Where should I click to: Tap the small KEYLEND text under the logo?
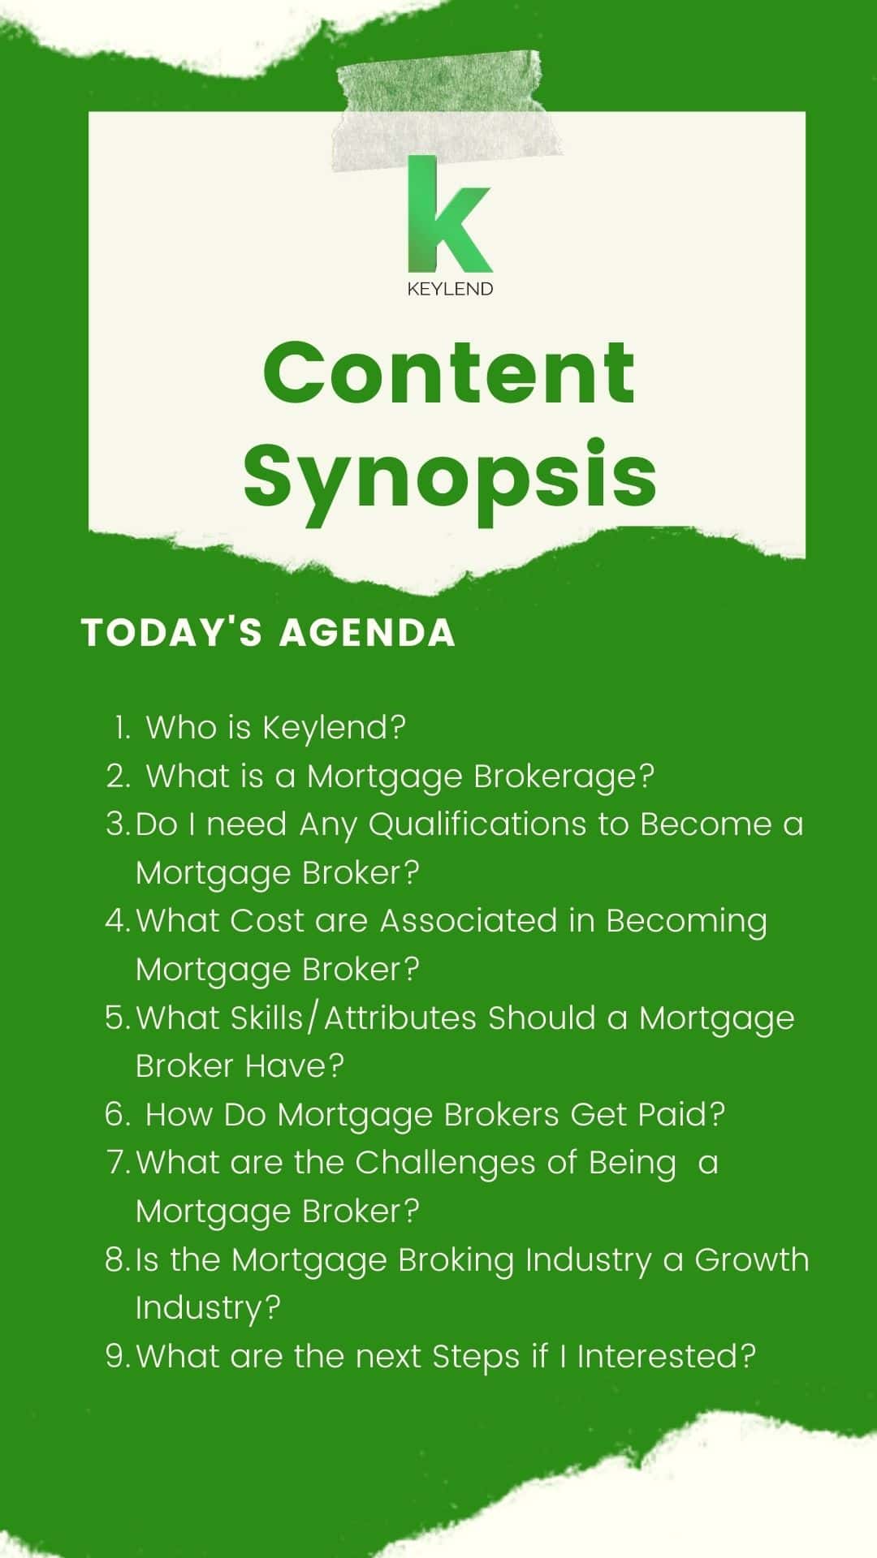450,289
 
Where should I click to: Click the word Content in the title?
449,372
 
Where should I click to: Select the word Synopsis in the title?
450,474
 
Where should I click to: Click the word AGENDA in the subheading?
367,633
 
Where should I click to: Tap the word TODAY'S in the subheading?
172,633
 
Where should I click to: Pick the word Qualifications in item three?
477,825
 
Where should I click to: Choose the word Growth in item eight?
752,1259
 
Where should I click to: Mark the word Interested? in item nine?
667,1356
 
